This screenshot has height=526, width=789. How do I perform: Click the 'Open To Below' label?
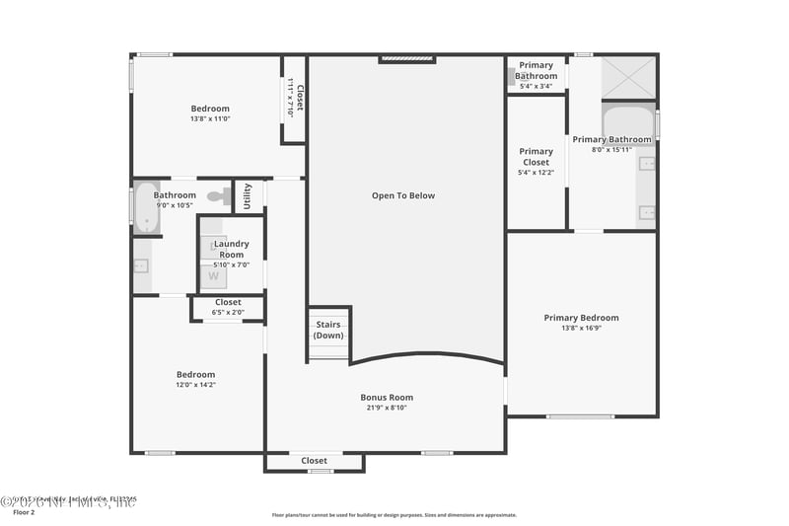coord(402,195)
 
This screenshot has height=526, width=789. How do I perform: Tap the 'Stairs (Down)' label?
coord(328,330)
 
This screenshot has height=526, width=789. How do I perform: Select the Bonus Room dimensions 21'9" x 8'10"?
coord(386,408)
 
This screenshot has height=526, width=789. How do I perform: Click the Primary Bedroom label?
coord(581,318)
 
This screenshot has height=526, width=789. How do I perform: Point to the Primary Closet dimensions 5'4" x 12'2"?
coord(536,173)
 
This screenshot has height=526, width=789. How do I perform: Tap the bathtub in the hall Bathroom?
coord(146,207)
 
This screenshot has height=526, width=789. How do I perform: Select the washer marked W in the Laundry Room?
coord(213,276)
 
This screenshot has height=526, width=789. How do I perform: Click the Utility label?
coord(248,195)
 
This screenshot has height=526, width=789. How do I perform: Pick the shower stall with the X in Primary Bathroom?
coord(628,77)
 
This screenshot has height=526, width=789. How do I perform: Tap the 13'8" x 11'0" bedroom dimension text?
coord(209,118)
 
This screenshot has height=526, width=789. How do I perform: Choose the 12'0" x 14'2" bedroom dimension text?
coord(195,385)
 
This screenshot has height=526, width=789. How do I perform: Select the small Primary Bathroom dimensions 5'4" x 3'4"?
coord(536,86)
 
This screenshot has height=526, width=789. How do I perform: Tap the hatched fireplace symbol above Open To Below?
coord(407,59)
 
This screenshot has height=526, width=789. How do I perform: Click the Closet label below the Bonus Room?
coord(314,460)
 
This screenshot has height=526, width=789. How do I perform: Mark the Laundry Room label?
coord(232,249)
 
